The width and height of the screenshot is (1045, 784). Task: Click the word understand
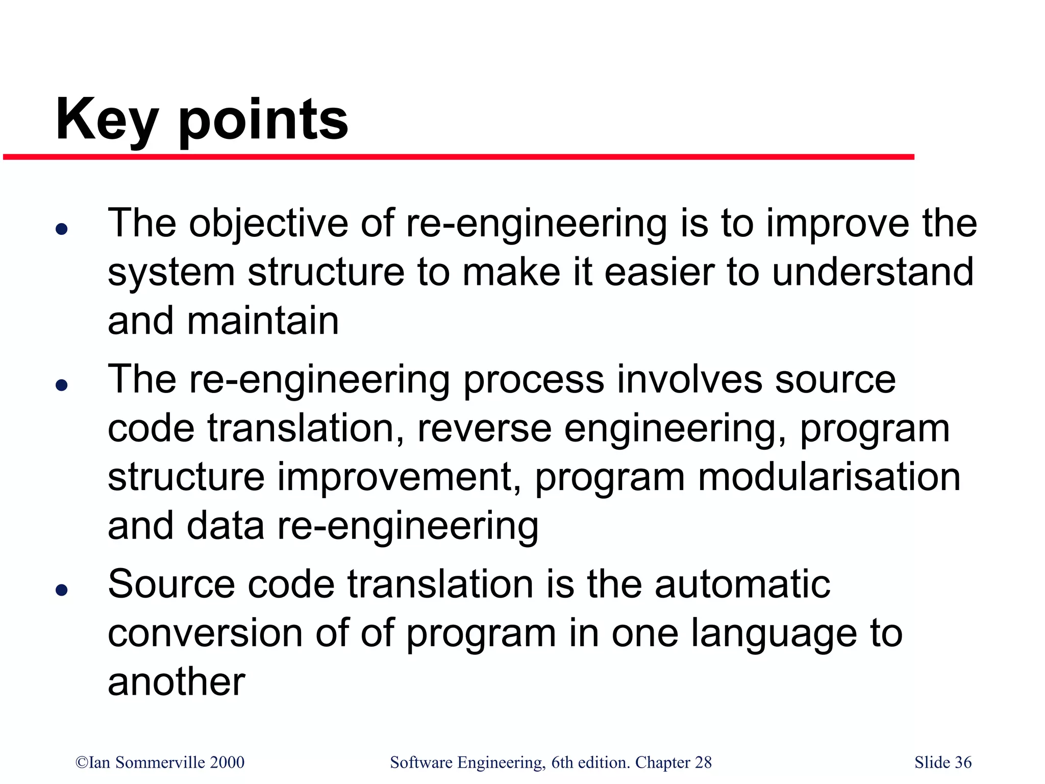873,273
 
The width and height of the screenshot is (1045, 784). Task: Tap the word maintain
262,321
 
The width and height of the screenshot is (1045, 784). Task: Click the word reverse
484,429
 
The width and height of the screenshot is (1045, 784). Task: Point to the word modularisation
829,477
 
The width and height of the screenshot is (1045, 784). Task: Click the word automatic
742,584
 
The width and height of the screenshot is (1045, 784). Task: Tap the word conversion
205,633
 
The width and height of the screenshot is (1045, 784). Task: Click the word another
177,682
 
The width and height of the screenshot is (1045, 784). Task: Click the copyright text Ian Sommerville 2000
160,763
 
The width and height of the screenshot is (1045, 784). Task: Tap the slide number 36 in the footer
962,763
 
